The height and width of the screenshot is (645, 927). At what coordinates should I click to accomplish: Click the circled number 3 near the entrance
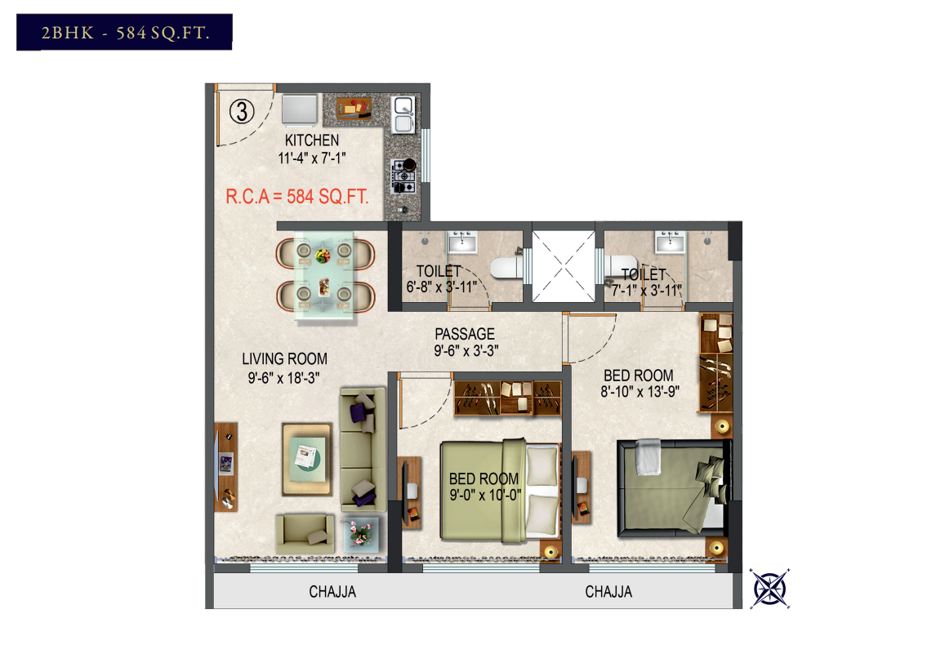click(x=242, y=111)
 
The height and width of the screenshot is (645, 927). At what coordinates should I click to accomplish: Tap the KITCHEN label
click(x=312, y=140)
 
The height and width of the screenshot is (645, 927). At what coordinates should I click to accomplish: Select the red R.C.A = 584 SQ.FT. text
click(x=296, y=196)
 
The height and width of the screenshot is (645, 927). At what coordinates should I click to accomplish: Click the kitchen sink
click(x=403, y=114)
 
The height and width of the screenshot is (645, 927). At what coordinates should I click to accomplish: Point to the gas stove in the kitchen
click(x=403, y=176)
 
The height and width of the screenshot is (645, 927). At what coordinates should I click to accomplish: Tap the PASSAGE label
click(x=465, y=334)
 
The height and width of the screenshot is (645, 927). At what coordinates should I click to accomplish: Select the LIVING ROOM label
click(x=284, y=359)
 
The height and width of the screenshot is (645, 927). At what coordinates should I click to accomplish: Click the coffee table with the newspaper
click(x=307, y=458)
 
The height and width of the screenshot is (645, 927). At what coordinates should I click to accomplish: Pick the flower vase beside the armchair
click(x=359, y=533)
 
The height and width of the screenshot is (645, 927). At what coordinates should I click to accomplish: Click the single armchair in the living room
click(x=305, y=534)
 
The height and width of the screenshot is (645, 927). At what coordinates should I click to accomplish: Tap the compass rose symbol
click(x=769, y=588)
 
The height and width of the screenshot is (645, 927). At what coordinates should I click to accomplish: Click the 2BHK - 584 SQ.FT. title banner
click(x=124, y=32)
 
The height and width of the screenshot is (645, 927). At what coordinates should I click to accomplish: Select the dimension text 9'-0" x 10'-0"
click(x=485, y=495)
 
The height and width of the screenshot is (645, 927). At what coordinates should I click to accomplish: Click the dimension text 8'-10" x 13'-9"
click(x=640, y=391)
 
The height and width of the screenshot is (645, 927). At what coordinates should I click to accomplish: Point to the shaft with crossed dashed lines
click(x=564, y=267)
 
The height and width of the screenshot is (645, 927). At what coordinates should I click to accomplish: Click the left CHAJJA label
click(x=332, y=592)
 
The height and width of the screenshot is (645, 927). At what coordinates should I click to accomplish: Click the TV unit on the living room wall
click(x=226, y=466)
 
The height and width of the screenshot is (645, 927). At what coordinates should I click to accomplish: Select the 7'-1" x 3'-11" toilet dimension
click(x=646, y=291)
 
